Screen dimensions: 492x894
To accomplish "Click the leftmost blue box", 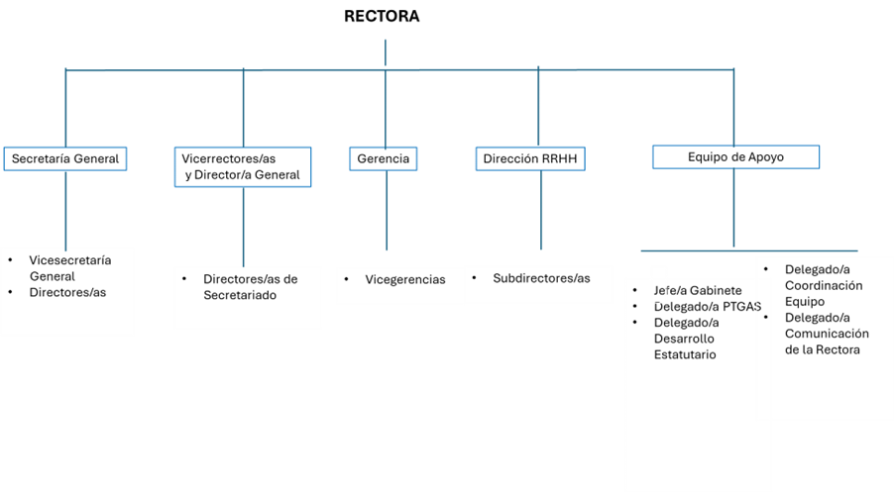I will pos(64,158).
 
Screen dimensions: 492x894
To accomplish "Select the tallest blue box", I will pos(243,166).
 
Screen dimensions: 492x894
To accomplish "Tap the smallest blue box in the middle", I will pos(384,158).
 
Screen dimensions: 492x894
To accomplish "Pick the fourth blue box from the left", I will pos(530,158).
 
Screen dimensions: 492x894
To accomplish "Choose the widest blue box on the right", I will pos(735,156).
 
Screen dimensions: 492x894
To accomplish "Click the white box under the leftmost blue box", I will pos(67,292).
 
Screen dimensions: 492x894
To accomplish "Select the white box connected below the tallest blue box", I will pos(248,297).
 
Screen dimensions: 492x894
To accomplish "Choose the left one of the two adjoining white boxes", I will pos(400,286).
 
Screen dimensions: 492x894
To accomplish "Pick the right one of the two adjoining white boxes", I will pos(538,284).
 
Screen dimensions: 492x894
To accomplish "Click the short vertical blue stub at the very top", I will pos(386,51).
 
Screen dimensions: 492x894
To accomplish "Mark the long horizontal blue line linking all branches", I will pos(496,69).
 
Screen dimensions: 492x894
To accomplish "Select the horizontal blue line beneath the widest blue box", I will pos(749,250).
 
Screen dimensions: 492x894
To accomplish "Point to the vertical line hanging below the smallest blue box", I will pos(387,210).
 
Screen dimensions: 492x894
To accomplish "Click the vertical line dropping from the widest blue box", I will pos(733,208).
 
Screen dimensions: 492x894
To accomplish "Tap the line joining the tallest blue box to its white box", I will pos(243,226).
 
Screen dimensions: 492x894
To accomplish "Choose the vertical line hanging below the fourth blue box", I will pos(541,210).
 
